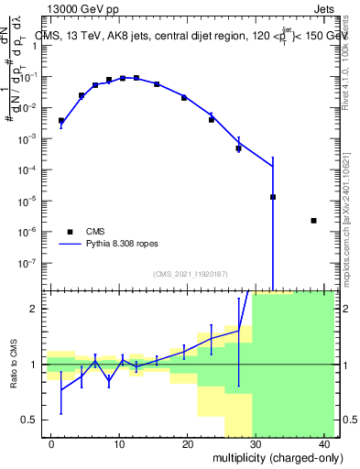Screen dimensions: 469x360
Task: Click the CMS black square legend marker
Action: pyautogui.click(x=70, y=232)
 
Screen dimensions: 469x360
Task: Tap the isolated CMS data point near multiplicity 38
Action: pyautogui.click(x=313, y=221)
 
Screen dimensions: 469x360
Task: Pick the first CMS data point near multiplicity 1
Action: pyautogui.click(x=61, y=120)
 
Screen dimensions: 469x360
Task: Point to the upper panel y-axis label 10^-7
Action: pyautogui.click(x=30, y=263)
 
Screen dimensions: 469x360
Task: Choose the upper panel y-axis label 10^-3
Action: pyautogui.click(x=30, y=138)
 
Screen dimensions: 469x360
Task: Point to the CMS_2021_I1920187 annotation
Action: pyautogui.click(x=190, y=274)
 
